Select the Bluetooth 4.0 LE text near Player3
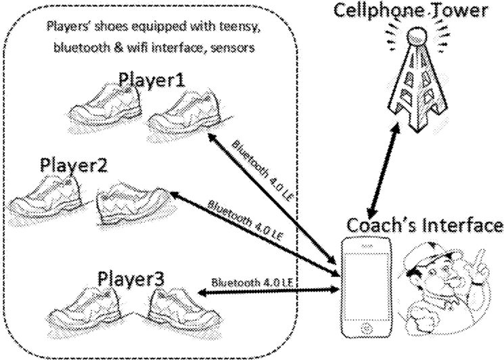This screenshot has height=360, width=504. click(x=252, y=281)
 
